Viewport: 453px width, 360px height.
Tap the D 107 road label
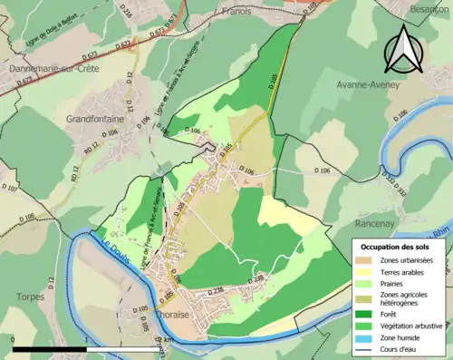(x=10, y=190)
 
